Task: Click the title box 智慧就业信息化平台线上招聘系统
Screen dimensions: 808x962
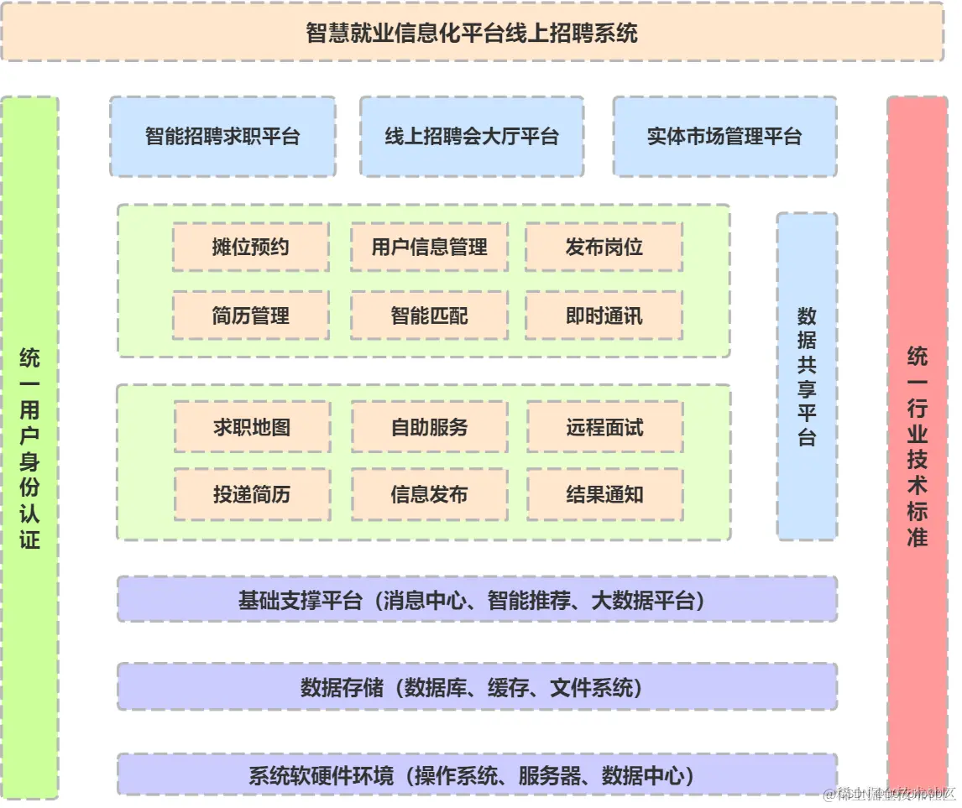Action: (472, 33)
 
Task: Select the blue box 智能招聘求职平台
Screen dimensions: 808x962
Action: (222, 136)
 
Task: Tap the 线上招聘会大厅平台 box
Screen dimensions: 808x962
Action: (472, 136)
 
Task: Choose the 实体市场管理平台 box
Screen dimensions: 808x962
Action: (724, 136)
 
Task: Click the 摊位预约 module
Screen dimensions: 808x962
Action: (251, 247)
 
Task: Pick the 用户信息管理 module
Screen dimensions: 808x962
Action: (429, 247)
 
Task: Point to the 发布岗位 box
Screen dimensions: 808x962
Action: (604, 247)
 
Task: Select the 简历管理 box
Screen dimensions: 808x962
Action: (251, 315)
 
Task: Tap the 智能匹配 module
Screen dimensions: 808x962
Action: (429, 315)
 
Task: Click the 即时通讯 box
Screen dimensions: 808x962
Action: (604, 315)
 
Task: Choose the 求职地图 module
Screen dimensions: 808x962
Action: (252, 426)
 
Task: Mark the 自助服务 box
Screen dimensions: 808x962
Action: (429, 426)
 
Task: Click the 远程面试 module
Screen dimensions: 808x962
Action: (604, 426)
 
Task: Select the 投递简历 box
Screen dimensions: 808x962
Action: (252, 494)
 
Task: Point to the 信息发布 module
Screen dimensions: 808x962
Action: (429, 494)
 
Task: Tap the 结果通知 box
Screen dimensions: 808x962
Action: (604, 494)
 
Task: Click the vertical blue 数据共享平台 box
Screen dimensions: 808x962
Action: (807, 376)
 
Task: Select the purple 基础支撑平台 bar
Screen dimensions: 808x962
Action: (477, 600)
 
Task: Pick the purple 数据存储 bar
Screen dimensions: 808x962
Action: (477, 687)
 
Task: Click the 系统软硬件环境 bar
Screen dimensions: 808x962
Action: (477, 774)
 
